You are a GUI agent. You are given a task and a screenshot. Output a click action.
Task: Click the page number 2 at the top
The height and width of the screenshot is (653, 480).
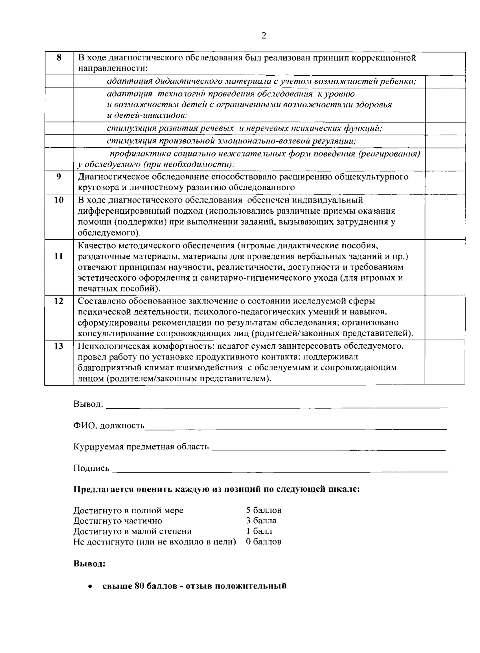pos(263,36)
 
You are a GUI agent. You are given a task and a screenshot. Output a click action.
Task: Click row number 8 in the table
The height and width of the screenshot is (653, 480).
pos(58,57)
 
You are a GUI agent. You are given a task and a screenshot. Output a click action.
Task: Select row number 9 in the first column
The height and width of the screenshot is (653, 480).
pos(58,176)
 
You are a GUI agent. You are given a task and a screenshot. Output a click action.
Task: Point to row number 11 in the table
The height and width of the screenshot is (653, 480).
pos(58,256)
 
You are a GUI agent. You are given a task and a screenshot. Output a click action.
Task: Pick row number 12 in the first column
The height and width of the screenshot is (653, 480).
pos(58,301)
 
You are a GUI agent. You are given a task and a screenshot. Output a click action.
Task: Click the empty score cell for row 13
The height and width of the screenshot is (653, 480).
pos(444,362)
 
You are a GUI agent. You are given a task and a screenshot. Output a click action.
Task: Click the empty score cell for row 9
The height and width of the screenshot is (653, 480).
pos(444,182)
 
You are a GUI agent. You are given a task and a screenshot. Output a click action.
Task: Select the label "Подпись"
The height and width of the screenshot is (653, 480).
pos(91,468)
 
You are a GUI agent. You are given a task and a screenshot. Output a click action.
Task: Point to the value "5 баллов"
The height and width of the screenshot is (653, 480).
pos(264,510)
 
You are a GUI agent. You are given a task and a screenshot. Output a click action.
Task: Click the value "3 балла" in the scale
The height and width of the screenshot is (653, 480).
pos(261,520)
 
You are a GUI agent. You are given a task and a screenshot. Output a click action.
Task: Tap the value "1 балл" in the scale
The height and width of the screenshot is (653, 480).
pos(259,531)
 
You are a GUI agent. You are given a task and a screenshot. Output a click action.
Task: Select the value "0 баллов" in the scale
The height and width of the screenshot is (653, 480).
pos(264,542)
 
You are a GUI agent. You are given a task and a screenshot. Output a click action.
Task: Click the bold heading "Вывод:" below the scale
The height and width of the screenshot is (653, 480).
pos(89,564)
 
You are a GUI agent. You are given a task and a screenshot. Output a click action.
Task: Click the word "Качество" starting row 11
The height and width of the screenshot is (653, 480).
pos(94,245)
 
